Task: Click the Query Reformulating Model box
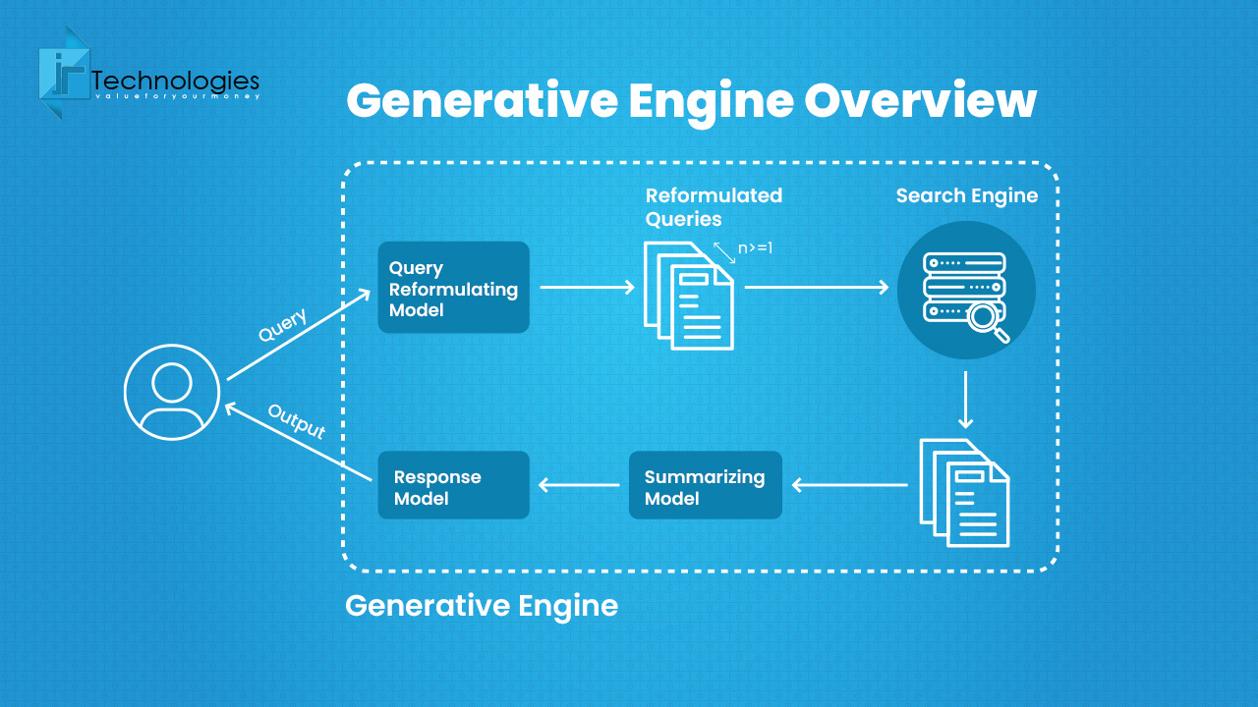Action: tap(453, 288)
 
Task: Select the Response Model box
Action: tap(453, 485)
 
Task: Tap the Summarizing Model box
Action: tap(705, 485)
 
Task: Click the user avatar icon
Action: tap(172, 392)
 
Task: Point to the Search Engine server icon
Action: tap(966, 290)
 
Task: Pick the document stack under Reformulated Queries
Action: tap(689, 296)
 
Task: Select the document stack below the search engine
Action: tap(964, 492)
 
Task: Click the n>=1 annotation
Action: tap(756, 248)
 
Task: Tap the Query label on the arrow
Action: tap(283, 325)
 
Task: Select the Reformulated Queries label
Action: tap(714, 206)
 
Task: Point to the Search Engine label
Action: tap(967, 195)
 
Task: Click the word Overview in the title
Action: tap(920, 100)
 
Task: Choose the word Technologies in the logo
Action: tap(175, 81)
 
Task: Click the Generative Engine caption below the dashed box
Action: tap(482, 606)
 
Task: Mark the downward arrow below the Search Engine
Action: tap(965, 400)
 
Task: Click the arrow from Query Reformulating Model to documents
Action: tap(588, 287)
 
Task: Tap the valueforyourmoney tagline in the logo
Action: tap(175, 97)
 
